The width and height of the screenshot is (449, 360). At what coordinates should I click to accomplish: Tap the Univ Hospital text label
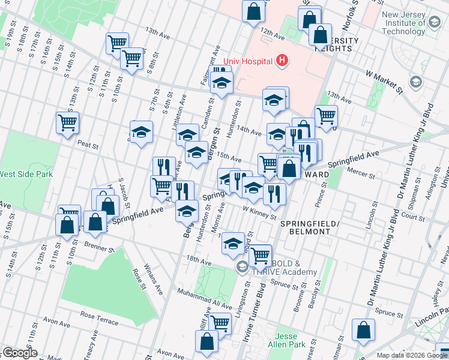[x=248, y=61]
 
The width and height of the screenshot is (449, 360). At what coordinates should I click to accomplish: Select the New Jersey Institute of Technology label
[x=407, y=23]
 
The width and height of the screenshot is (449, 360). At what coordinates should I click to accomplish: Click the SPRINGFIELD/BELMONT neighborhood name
[x=310, y=228]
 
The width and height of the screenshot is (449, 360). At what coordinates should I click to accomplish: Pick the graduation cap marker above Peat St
[x=142, y=132]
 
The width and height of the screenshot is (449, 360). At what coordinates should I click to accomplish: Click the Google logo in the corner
[x=20, y=353]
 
